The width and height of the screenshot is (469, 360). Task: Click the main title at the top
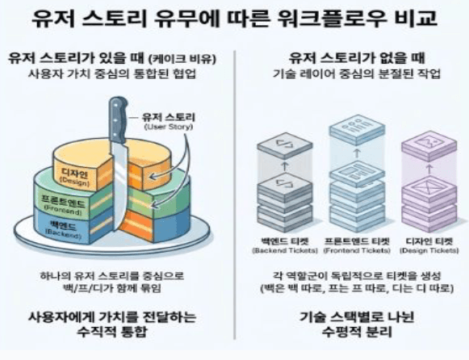(x=234, y=19)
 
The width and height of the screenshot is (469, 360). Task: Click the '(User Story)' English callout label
(x=169, y=127)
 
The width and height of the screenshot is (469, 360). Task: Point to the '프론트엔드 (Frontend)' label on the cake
(x=64, y=206)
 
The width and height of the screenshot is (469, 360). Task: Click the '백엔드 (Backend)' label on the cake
(x=64, y=229)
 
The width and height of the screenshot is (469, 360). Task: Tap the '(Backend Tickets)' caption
(x=285, y=250)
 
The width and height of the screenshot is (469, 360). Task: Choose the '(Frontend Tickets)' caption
(x=357, y=250)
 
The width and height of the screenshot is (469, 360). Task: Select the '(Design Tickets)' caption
(x=429, y=250)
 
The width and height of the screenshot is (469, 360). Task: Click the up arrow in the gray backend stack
(x=285, y=166)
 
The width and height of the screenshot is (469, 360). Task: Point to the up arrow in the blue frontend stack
(x=357, y=153)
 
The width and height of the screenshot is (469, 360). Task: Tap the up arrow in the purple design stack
(x=429, y=169)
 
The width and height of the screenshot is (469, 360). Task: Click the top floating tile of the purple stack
(x=429, y=145)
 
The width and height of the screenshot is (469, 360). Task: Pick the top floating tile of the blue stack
(x=357, y=129)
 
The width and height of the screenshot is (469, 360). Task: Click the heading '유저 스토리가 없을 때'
(x=357, y=58)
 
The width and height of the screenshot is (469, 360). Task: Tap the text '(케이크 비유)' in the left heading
(x=182, y=59)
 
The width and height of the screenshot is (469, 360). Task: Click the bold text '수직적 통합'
(x=112, y=332)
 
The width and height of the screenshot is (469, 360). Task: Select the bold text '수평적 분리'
(x=357, y=332)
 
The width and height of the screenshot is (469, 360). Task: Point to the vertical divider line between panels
(x=235, y=195)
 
